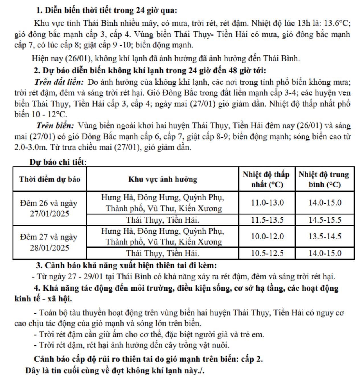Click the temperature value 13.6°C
[x=337, y=23]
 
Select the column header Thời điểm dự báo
[x=50, y=179]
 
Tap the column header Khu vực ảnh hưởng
[x=162, y=179]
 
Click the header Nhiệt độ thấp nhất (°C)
[x=267, y=179]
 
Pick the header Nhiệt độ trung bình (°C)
[x=325, y=179]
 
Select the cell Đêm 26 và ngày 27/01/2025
[x=50, y=208]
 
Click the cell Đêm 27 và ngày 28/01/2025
[x=50, y=242]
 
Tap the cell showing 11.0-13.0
[x=267, y=203]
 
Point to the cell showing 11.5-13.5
[x=267, y=220]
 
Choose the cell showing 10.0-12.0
[x=267, y=237]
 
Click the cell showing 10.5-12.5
[x=267, y=253]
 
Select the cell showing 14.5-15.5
[x=325, y=220]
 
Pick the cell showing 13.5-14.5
[x=325, y=237]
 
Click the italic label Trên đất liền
[x=59, y=82]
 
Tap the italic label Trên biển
[x=55, y=125]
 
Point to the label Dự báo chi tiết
[x=58, y=162]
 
